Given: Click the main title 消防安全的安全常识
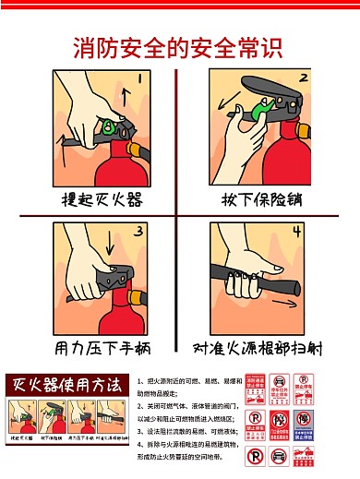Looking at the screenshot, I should (x=179, y=45).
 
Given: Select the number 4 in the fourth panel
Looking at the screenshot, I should (x=297, y=231).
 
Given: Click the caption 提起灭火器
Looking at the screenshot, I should (x=101, y=199).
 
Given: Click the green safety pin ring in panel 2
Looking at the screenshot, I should (x=253, y=112).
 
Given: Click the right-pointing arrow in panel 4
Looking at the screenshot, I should (x=286, y=302).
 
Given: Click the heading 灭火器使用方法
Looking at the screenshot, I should (x=64, y=384).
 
